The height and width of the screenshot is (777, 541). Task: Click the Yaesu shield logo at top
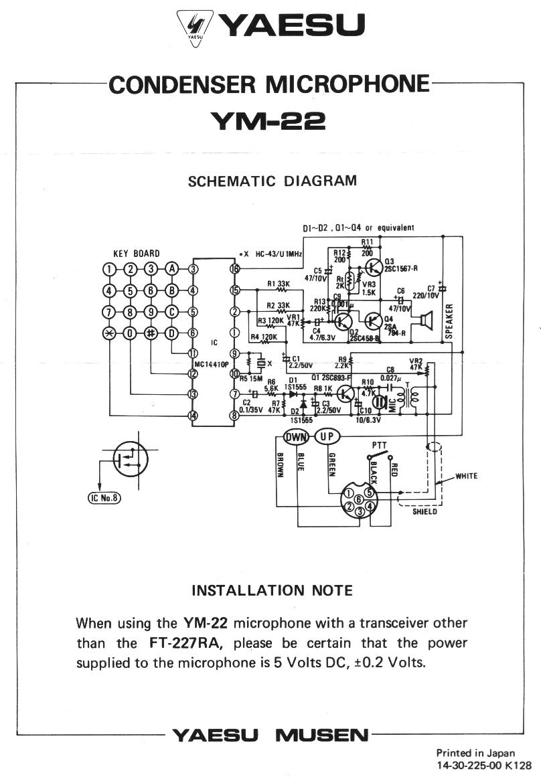(x=194, y=27)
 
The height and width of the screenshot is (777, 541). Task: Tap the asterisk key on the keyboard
(x=108, y=333)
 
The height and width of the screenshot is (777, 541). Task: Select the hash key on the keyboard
(x=151, y=333)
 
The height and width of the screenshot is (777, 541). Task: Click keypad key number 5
(x=130, y=290)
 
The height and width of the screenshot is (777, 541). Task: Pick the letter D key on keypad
(x=173, y=333)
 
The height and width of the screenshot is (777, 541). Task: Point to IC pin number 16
(x=234, y=269)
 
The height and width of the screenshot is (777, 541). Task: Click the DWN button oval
(x=295, y=437)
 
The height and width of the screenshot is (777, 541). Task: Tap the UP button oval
(x=327, y=437)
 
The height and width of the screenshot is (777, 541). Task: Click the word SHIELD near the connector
(x=424, y=512)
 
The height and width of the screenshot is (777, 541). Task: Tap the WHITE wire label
(x=467, y=477)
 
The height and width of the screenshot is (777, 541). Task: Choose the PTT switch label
(x=379, y=445)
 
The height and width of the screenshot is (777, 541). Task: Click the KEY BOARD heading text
(x=136, y=253)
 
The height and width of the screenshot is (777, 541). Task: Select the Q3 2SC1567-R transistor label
(x=398, y=264)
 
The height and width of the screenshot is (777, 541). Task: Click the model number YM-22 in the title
(x=268, y=121)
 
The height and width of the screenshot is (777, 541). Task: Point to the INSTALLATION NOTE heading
(x=272, y=590)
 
